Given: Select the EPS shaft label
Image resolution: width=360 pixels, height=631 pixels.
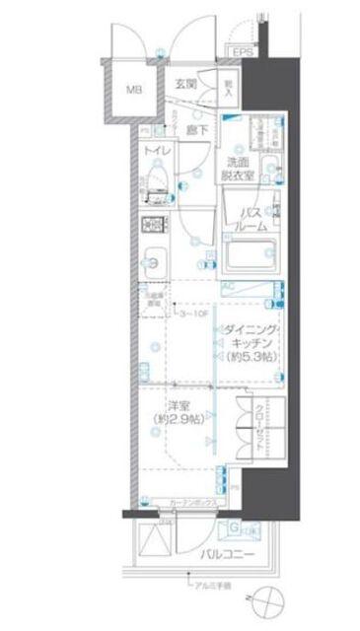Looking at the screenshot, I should [242, 52].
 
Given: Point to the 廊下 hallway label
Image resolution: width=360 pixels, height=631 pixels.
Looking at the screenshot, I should [196, 129].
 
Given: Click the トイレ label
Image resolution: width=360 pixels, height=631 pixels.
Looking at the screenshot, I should [153, 151].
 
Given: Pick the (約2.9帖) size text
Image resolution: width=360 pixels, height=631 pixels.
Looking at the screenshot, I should [179, 420].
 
